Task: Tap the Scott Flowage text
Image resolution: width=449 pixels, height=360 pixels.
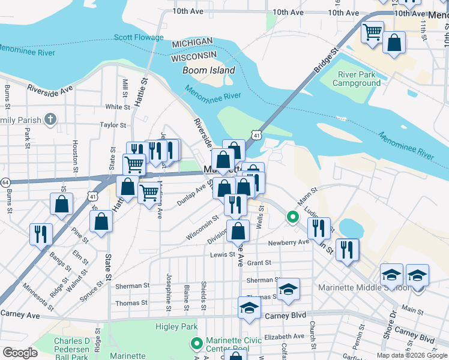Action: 139,37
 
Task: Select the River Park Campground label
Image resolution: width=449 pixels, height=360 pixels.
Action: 359,79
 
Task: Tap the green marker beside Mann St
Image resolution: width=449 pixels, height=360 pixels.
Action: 292,217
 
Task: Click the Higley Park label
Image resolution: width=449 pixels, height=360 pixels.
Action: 176,326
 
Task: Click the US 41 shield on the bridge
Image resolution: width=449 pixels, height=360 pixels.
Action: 256,136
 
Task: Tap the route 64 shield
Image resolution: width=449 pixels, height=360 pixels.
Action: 5,182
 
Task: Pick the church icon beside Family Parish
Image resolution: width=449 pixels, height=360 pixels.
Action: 50,120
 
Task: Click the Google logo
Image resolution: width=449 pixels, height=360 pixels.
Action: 20,353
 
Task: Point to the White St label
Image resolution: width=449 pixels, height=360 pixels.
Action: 118,107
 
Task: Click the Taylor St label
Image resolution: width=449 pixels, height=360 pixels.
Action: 113,125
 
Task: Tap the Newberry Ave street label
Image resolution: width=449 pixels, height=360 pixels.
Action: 288,242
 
